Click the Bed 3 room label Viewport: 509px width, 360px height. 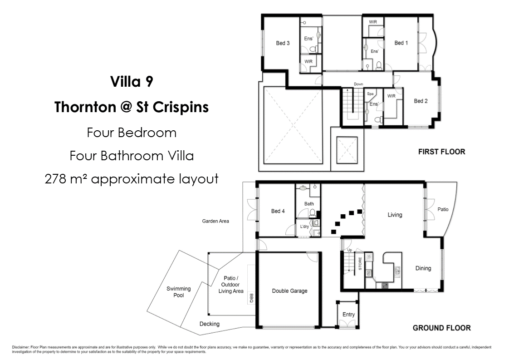(283, 43)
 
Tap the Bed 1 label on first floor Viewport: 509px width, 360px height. (401, 43)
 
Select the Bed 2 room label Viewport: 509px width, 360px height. (421, 101)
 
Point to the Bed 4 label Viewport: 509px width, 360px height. (278, 211)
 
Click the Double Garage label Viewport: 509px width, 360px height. (289, 291)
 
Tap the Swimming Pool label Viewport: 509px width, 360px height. (179, 292)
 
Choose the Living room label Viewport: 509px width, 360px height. (395, 215)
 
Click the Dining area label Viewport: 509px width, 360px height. (423, 268)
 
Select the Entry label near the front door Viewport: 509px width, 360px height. (348, 314)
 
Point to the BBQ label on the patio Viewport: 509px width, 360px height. (251, 298)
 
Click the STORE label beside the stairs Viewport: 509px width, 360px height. (360, 263)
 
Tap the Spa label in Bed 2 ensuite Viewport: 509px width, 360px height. (370, 94)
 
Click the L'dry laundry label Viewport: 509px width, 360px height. (304, 227)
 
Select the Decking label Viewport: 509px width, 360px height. (210, 324)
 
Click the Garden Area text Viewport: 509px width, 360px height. (215, 221)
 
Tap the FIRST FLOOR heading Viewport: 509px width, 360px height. (441, 152)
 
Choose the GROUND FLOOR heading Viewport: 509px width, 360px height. (441, 328)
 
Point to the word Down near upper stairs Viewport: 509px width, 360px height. (358, 84)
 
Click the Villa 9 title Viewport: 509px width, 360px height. (132, 81)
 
